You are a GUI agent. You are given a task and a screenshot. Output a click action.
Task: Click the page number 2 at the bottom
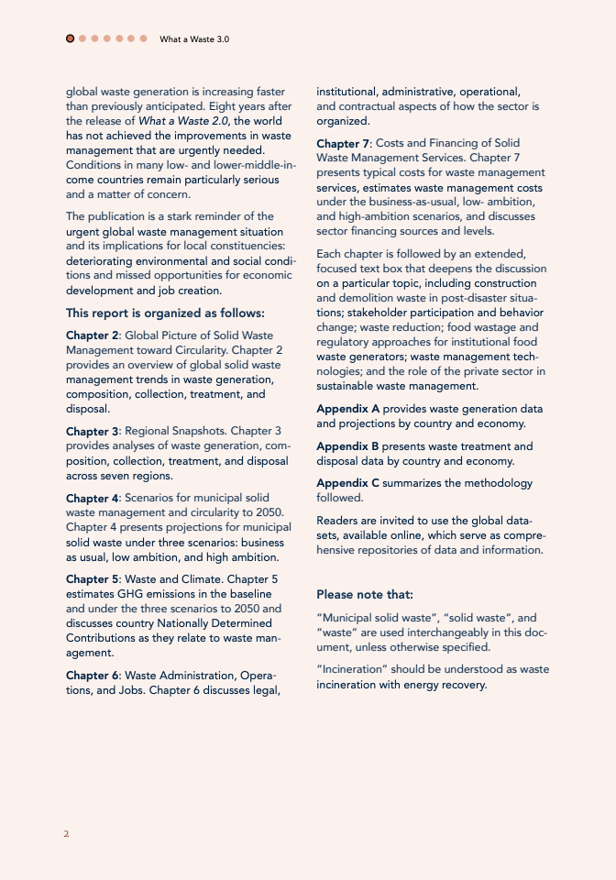tap(66, 833)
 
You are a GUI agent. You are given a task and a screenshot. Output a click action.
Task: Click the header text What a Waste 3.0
tap(194, 39)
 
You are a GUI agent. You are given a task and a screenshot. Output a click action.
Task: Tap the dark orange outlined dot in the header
tap(71, 38)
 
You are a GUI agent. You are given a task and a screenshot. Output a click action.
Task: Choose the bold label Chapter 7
tap(342, 143)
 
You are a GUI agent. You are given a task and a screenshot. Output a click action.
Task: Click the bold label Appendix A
tap(347, 409)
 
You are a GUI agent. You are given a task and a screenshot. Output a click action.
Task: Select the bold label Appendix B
tap(347, 446)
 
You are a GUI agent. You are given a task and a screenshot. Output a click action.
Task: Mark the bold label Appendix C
tap(347, 483)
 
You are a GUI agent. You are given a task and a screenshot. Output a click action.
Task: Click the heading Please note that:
tap(365, 594)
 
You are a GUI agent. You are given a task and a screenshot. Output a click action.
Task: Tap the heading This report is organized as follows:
tap(165, 313)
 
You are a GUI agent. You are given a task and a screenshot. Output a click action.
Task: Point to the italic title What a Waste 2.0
tap(192, 121)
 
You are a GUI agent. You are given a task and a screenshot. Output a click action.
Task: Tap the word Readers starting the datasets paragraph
tap(338, 520)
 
